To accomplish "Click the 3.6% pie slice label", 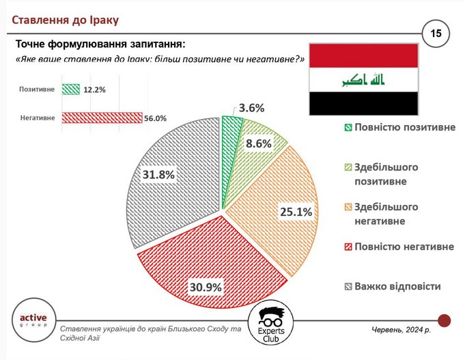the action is [x=251, y=108].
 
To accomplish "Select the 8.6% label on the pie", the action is [x=259, y=143].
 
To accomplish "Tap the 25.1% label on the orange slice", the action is [x=296, y=212].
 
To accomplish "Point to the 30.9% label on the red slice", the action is [x=206, y=288].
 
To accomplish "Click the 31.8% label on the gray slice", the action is [x=158, y=174].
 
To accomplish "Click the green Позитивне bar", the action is [x=71, y=89].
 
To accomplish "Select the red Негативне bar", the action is [x=102, y=117].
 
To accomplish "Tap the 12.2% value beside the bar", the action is [x=94, y=89].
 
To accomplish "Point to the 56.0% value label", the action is [x=156, y=118].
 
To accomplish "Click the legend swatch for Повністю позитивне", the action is [x=348, y=128].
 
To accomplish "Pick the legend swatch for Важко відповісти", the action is [x=348, y=287].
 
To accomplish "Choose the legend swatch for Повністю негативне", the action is [x=348, y=247].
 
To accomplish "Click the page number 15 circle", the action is [x=436, y=33].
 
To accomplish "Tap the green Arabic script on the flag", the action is [x=363, y=79].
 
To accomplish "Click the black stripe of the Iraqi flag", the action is [x=363, y=103].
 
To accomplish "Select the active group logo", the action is [x=34, y=320].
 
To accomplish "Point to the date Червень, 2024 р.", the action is [x=401, y=329].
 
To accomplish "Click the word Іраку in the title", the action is [x=104, y=20].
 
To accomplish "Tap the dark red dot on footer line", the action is [x=445, y=320].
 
